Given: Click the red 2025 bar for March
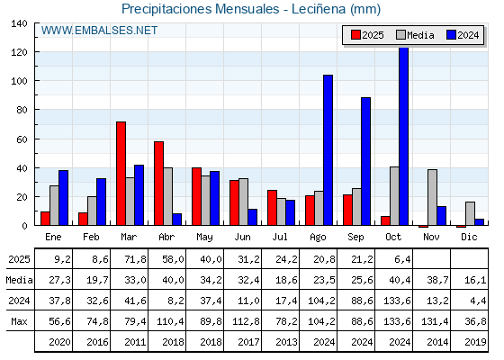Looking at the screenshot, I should [x=121, y=174].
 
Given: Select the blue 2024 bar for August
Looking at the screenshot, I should [x=328, y=150].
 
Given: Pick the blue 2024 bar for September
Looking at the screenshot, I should [x=365, y=161].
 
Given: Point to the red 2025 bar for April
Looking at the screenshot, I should [x=158, y=184].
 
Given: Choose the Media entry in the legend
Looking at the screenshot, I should [x=414, y=35].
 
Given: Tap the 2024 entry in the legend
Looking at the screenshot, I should [x=462, y=35].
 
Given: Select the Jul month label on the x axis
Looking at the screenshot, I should [x=281, y=237].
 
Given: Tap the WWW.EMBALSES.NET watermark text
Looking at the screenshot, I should [x=99, y=31].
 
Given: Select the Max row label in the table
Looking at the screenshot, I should [x=18, y=320].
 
